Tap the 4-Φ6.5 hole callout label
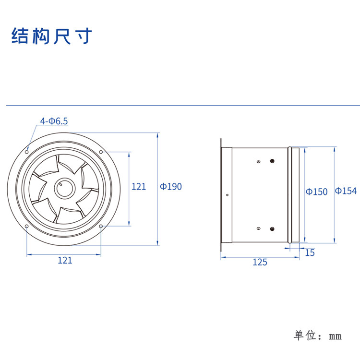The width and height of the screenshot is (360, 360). pos(54,121)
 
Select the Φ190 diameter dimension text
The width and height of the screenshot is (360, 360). pos(171,186)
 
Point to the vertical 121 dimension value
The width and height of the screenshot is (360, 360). pos(139,186)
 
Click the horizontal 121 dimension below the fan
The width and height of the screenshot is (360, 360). pos(65,260)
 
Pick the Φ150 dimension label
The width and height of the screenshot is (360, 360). pos(317,192)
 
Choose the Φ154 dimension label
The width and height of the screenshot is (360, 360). pos(346,191)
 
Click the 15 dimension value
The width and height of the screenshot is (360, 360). pos(310,252)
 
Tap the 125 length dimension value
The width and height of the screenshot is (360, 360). pos(260,262)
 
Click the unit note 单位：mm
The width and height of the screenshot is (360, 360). pos(318,336)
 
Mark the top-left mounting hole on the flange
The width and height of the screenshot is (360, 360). pos(27,152)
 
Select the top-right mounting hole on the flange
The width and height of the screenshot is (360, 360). pos(101,152)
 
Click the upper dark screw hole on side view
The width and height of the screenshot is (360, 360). pos(272,161)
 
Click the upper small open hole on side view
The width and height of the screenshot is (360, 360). pos(258,162)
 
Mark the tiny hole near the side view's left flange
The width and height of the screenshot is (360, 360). pos(227,195)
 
